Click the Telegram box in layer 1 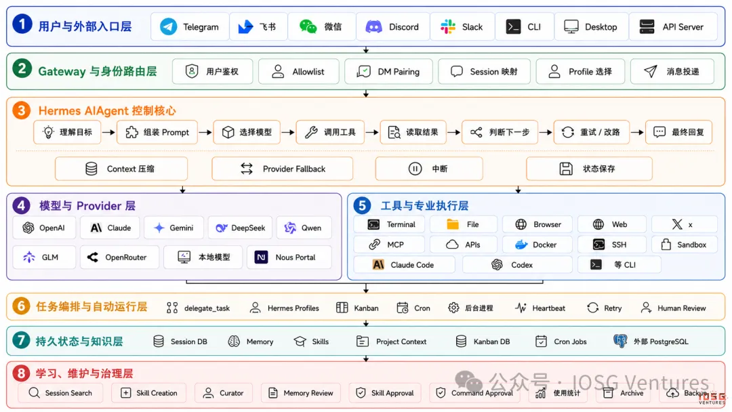[190, 26]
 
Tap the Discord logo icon [373, 26]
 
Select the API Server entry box [673, 26]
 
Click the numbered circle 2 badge [22, 69]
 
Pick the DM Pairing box [388, 71]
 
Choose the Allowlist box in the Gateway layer [299, 71]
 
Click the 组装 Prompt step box [157, 132]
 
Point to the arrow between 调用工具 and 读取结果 [371, 132]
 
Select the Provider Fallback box [283, 169]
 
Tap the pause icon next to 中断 [415, 169]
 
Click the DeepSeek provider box [241, 228]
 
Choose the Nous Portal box [289, 257]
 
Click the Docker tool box [537, 245]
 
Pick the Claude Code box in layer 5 [404, 264]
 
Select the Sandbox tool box [685, 245]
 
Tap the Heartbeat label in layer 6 [548, 308]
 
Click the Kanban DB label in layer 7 [491, 342]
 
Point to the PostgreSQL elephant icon [620, 341]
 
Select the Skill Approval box [385, 393]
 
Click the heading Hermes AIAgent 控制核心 [107, 110]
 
